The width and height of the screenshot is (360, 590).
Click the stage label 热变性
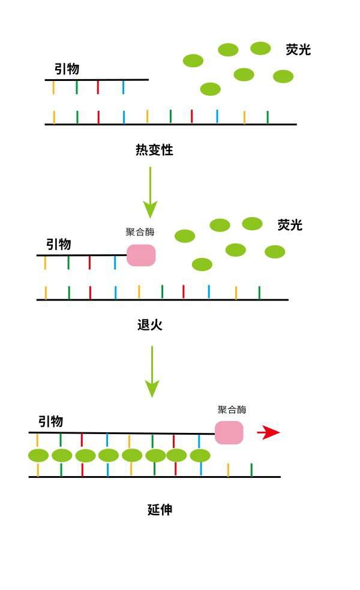click(154, 150)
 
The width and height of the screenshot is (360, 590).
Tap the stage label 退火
click(150, 326)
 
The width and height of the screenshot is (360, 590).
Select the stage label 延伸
click(160, 510)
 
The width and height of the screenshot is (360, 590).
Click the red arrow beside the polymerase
click(268, 432)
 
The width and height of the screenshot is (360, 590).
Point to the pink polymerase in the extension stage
click(229, 432)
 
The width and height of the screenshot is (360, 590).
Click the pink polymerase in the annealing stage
click(141, 255)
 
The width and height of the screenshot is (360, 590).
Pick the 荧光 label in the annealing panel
click(290, 225)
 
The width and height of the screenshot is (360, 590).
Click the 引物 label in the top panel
click(67, 69)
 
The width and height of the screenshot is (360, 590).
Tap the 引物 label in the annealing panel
click(59, 245)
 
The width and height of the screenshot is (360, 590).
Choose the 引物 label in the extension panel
click(50, 422)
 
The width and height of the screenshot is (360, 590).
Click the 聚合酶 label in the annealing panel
click(140, 232)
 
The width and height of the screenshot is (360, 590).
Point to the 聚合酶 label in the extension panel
click(232, 410)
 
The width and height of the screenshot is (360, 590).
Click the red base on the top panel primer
click(98, 87)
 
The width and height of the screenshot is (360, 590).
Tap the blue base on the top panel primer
click(123, 87)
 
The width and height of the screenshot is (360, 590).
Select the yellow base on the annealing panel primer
click(45, 263)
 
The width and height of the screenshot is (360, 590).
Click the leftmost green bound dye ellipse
click(38, 456)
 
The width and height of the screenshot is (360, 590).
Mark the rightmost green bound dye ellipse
click(200, 456)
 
